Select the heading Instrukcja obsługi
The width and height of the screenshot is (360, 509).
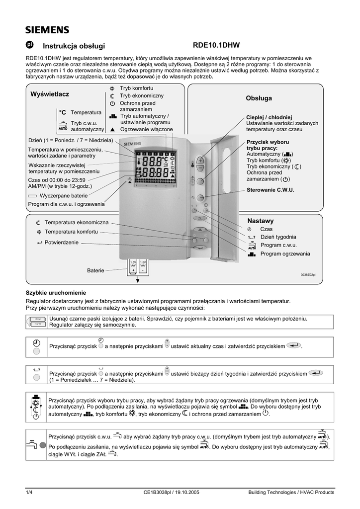pos(74,46)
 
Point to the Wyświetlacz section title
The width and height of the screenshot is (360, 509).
pos(50,94)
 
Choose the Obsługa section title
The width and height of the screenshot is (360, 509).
pos(259,98)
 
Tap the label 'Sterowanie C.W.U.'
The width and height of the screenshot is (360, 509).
pos(270,190)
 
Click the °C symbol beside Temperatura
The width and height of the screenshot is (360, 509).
pos(63,113)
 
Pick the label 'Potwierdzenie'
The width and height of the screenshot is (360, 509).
pos(62,242)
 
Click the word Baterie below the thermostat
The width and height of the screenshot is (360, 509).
pos(95,270)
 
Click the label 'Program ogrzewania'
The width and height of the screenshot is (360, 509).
pos(285,254)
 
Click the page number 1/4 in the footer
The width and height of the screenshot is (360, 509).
pos(29,493)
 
